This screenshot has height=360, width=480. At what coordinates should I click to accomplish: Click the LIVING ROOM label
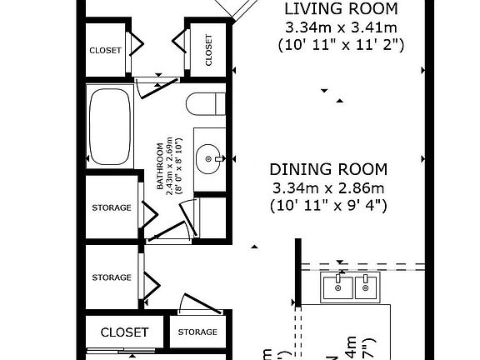341,10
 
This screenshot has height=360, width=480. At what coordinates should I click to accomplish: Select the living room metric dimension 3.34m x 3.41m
341,28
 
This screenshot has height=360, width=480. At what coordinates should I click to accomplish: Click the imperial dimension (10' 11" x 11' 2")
341,47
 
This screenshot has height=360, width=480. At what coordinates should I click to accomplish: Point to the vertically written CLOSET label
208,49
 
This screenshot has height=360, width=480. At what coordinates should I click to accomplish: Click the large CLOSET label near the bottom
124,332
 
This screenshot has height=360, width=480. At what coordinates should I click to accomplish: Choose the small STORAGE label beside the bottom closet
197,332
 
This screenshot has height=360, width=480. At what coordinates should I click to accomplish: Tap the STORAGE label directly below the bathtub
111,207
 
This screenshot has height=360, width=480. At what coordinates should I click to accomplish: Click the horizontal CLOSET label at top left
105,50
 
